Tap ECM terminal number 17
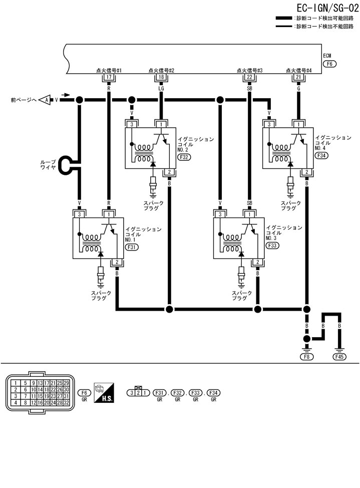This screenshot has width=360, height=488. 109,77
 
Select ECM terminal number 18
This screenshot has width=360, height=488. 161,77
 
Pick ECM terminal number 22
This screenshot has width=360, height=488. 249,77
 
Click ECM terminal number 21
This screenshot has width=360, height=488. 298,77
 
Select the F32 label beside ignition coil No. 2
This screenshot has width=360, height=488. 184,157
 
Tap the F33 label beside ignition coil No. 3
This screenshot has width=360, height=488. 273,247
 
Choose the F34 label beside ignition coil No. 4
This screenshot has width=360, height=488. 322,156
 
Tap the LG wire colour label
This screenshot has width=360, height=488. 161,88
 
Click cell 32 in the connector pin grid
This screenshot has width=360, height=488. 66,402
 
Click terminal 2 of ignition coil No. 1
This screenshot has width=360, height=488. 117,262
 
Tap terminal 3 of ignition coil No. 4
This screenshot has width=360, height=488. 269,124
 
